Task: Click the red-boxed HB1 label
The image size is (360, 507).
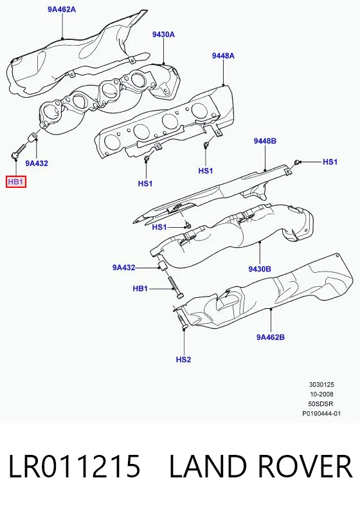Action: [15, 182]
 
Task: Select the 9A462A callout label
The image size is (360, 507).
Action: [62, 10]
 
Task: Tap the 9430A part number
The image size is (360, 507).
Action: [163, 34]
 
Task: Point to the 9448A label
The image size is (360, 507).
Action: [223, 55]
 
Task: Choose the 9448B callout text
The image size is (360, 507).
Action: [265, 141]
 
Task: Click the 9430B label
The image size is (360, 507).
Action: [260, 269]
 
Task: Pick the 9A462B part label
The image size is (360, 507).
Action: [271, 337]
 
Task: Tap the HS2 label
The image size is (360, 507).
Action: [184, 359]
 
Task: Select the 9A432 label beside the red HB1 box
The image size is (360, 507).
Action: [37, 163]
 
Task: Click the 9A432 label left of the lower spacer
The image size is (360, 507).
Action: [124, 268]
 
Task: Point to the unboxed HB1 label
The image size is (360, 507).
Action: [140, 288]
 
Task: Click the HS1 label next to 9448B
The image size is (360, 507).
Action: [330, 161]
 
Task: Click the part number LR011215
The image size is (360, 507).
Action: [74, 466]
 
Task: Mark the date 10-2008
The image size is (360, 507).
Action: [321, 394]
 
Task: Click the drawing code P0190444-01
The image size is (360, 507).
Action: [321, 413]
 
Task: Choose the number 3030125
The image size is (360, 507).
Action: [321, 385]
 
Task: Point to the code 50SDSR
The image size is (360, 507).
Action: [321, 403]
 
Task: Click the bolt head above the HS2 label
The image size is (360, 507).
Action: [184, 327]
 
